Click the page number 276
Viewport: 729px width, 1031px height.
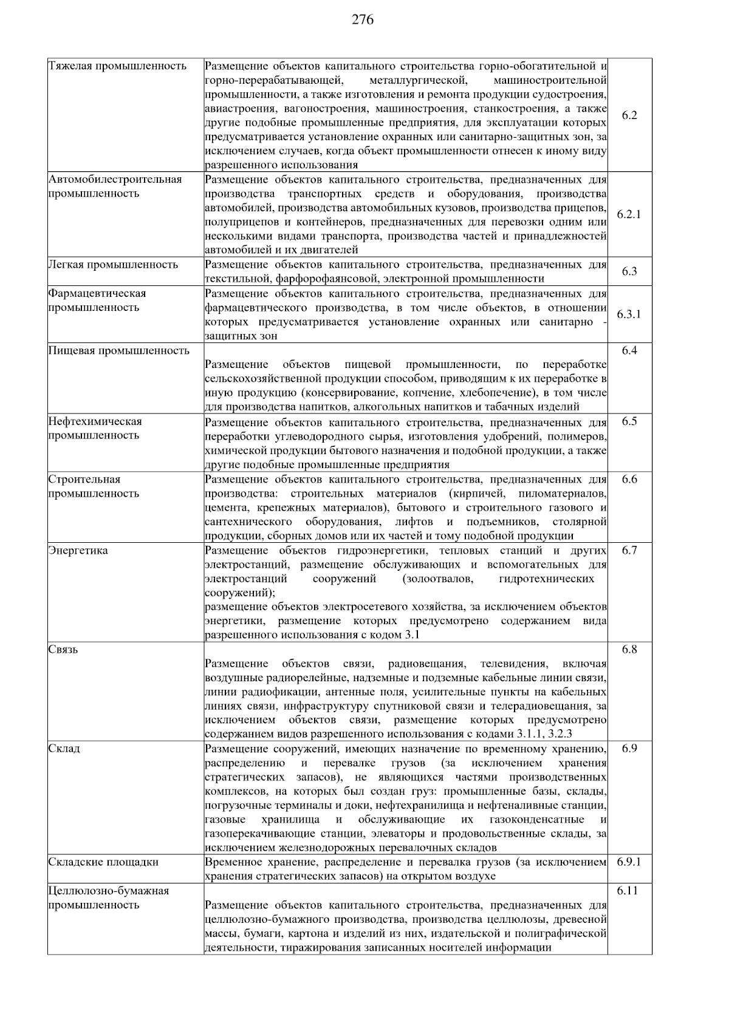coord(363,20)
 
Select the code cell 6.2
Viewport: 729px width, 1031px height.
coord(629,115)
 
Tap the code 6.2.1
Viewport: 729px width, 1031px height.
coord(629,214)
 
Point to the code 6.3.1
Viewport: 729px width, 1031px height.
coord(629,315)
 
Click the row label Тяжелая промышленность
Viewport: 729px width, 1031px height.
coord(117,66)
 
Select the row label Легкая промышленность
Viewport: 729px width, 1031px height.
coord(113,265)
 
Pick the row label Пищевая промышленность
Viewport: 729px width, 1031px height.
coord(119,351)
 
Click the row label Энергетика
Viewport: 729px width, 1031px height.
coord(78,551)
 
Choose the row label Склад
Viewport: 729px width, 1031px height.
coord(64,749)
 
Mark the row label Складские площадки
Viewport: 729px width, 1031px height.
coord(103,862)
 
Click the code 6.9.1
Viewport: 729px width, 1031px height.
coord(629,862)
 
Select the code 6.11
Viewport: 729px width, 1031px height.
coord(629,891)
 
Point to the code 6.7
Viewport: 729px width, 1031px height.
coord(629,551)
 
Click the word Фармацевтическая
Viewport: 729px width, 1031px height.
coord(97,293)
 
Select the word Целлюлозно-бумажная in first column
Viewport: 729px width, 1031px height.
coord(109,891)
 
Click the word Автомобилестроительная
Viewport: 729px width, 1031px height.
coord(115,180)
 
